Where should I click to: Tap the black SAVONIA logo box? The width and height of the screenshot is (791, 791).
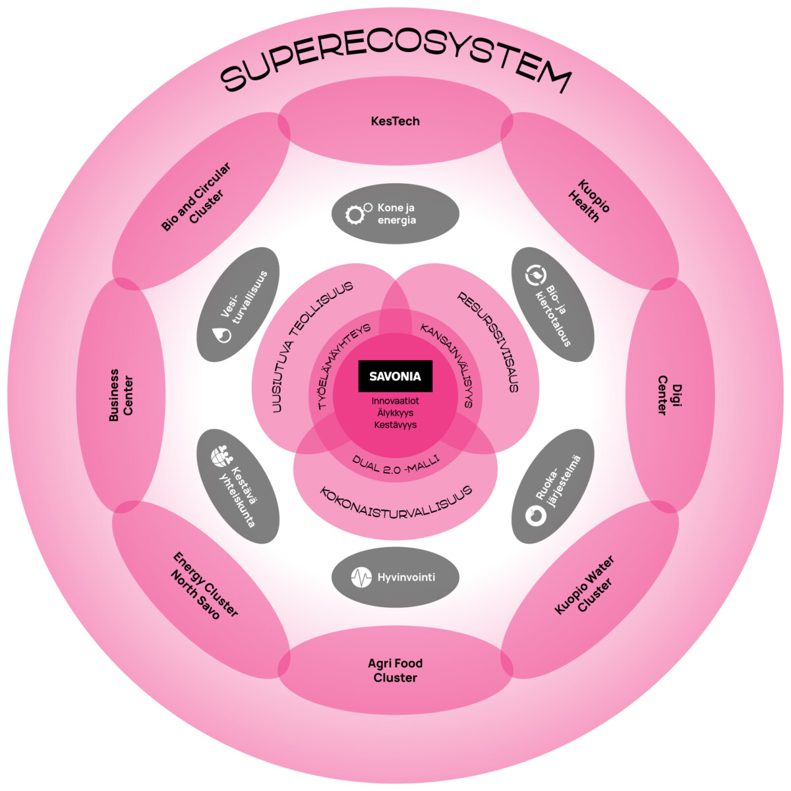pos(395,377)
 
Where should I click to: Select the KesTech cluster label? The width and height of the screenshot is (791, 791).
pos(395,121)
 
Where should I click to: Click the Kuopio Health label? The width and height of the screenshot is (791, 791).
pos(589,200)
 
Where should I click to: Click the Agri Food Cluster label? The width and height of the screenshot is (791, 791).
pos(395,670)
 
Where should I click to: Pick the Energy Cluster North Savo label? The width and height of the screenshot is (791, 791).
pos(204,585)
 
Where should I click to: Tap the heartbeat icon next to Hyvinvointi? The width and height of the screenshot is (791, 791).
pos(361,578)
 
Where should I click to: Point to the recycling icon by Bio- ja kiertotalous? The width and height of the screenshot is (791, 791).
pos(535,274)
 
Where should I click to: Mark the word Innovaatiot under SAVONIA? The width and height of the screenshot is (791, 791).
pos(395,401)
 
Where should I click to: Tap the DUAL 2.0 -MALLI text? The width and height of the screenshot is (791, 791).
pos(395,465)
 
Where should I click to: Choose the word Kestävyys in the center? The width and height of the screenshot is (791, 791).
pos(395,425)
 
